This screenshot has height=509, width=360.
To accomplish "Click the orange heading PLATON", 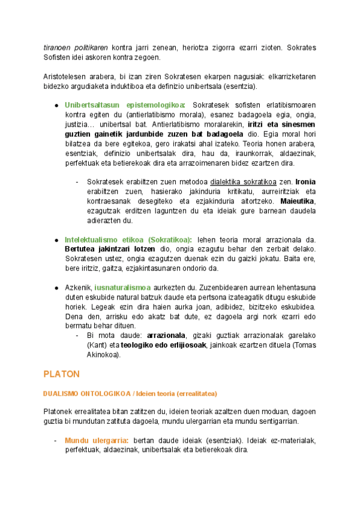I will coord(61,374).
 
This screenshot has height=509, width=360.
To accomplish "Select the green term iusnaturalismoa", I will coord(122,288).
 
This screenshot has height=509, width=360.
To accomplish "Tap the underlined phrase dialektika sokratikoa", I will coord(244,181).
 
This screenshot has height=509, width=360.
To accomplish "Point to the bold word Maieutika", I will coord(298,200).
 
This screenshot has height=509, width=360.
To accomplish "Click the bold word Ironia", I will coord(305,181).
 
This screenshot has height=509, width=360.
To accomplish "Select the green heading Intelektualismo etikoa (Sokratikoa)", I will coord(128,239).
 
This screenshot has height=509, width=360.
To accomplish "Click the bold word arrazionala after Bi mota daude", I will coord(167,336).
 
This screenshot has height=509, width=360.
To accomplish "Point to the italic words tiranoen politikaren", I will coord(76,47).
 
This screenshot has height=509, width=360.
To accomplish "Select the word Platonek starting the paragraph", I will coord(60,411).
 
